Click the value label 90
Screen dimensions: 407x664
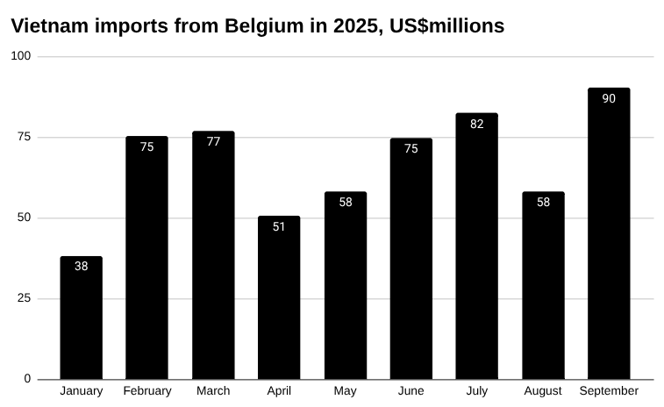point(609,98)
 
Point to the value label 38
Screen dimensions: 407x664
point(82,266)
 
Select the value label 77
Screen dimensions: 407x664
point(213,141)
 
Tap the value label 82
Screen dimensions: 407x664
point(477,124)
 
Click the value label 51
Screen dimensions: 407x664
point(279,226)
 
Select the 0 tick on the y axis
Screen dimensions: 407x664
point(27,379)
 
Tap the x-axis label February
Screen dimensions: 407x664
point(147,391)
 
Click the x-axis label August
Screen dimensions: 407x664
point(543,391)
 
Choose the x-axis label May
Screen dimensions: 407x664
point(345,391)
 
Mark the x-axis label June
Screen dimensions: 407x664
point(411,391)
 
